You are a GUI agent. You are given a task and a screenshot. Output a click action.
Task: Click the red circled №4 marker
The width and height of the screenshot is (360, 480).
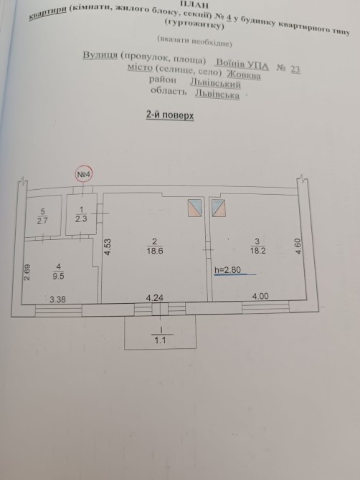84,175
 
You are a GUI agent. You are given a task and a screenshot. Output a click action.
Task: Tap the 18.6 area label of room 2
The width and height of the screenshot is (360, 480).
155,251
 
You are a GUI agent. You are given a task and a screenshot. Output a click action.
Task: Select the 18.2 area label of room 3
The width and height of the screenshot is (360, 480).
257,251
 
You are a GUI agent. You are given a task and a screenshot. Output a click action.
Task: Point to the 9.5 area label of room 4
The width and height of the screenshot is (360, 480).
59,276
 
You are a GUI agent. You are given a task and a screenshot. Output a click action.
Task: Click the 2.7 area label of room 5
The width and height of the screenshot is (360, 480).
42,221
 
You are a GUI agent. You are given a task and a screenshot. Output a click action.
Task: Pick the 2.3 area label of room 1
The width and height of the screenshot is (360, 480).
81,219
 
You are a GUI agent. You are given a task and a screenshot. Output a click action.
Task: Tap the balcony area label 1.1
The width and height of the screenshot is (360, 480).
160,340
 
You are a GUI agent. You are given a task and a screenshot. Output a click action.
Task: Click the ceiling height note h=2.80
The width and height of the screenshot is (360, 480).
227,269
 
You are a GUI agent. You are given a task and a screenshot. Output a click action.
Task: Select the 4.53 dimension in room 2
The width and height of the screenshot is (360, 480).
108,247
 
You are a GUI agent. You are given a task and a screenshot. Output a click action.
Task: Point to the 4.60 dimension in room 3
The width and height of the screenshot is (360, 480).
298,246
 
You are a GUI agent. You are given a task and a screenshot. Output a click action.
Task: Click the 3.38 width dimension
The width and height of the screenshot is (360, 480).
57,299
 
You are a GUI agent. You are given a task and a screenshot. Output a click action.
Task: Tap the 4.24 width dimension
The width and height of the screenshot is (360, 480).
155,297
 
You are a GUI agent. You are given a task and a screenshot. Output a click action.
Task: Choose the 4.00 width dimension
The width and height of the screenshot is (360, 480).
260,296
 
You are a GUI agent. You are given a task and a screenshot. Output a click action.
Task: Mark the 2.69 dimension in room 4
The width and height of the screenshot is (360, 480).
27,272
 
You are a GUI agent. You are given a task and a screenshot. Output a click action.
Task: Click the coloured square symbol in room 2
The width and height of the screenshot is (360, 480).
194,208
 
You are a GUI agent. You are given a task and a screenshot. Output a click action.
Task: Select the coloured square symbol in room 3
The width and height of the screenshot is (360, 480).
219,208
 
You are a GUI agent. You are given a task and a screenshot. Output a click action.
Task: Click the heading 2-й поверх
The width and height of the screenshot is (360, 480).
170,115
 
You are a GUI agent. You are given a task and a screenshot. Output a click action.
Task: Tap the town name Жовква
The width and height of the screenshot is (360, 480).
244,75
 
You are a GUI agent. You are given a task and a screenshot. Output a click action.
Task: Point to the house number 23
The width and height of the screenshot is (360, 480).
295,69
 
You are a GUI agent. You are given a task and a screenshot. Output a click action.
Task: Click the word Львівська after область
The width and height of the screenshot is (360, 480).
217,94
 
